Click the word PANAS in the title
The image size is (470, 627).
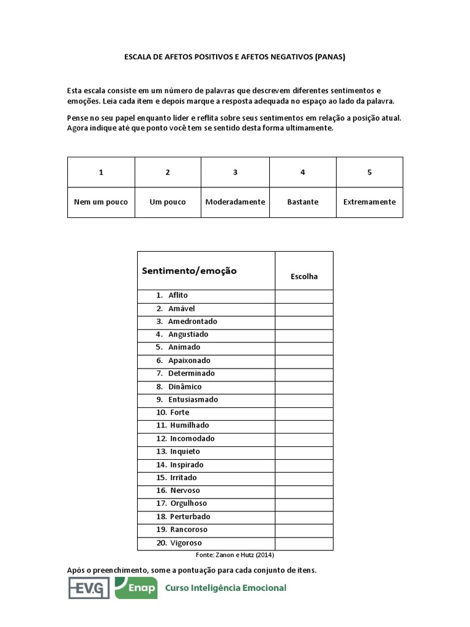click(330, 57)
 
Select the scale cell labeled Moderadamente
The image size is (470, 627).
click(235, 202)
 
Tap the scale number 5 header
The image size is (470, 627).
click(369, 172)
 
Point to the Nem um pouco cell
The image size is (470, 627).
click(101, 202)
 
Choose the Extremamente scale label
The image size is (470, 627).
click(369, 202)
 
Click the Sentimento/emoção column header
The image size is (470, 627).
click(189, 271)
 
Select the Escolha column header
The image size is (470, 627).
click(304, 276)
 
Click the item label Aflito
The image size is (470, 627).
click(178, 295)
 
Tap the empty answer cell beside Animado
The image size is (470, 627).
click(304, 347)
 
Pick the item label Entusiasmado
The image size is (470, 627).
click(193, 399)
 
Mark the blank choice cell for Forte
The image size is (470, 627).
click(304, 413)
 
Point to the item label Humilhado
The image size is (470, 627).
click(189, 426)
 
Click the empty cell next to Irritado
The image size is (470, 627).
click(304, 478)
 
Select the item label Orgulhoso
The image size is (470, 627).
click(188, 503)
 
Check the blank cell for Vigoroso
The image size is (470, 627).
click(304, 543)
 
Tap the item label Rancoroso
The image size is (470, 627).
click(188, 530)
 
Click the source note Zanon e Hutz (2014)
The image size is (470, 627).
click(235, 555)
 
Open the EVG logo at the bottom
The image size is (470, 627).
click(88, 588)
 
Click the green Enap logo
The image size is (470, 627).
click(136, 588)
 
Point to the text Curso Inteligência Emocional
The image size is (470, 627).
click(225, 588)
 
